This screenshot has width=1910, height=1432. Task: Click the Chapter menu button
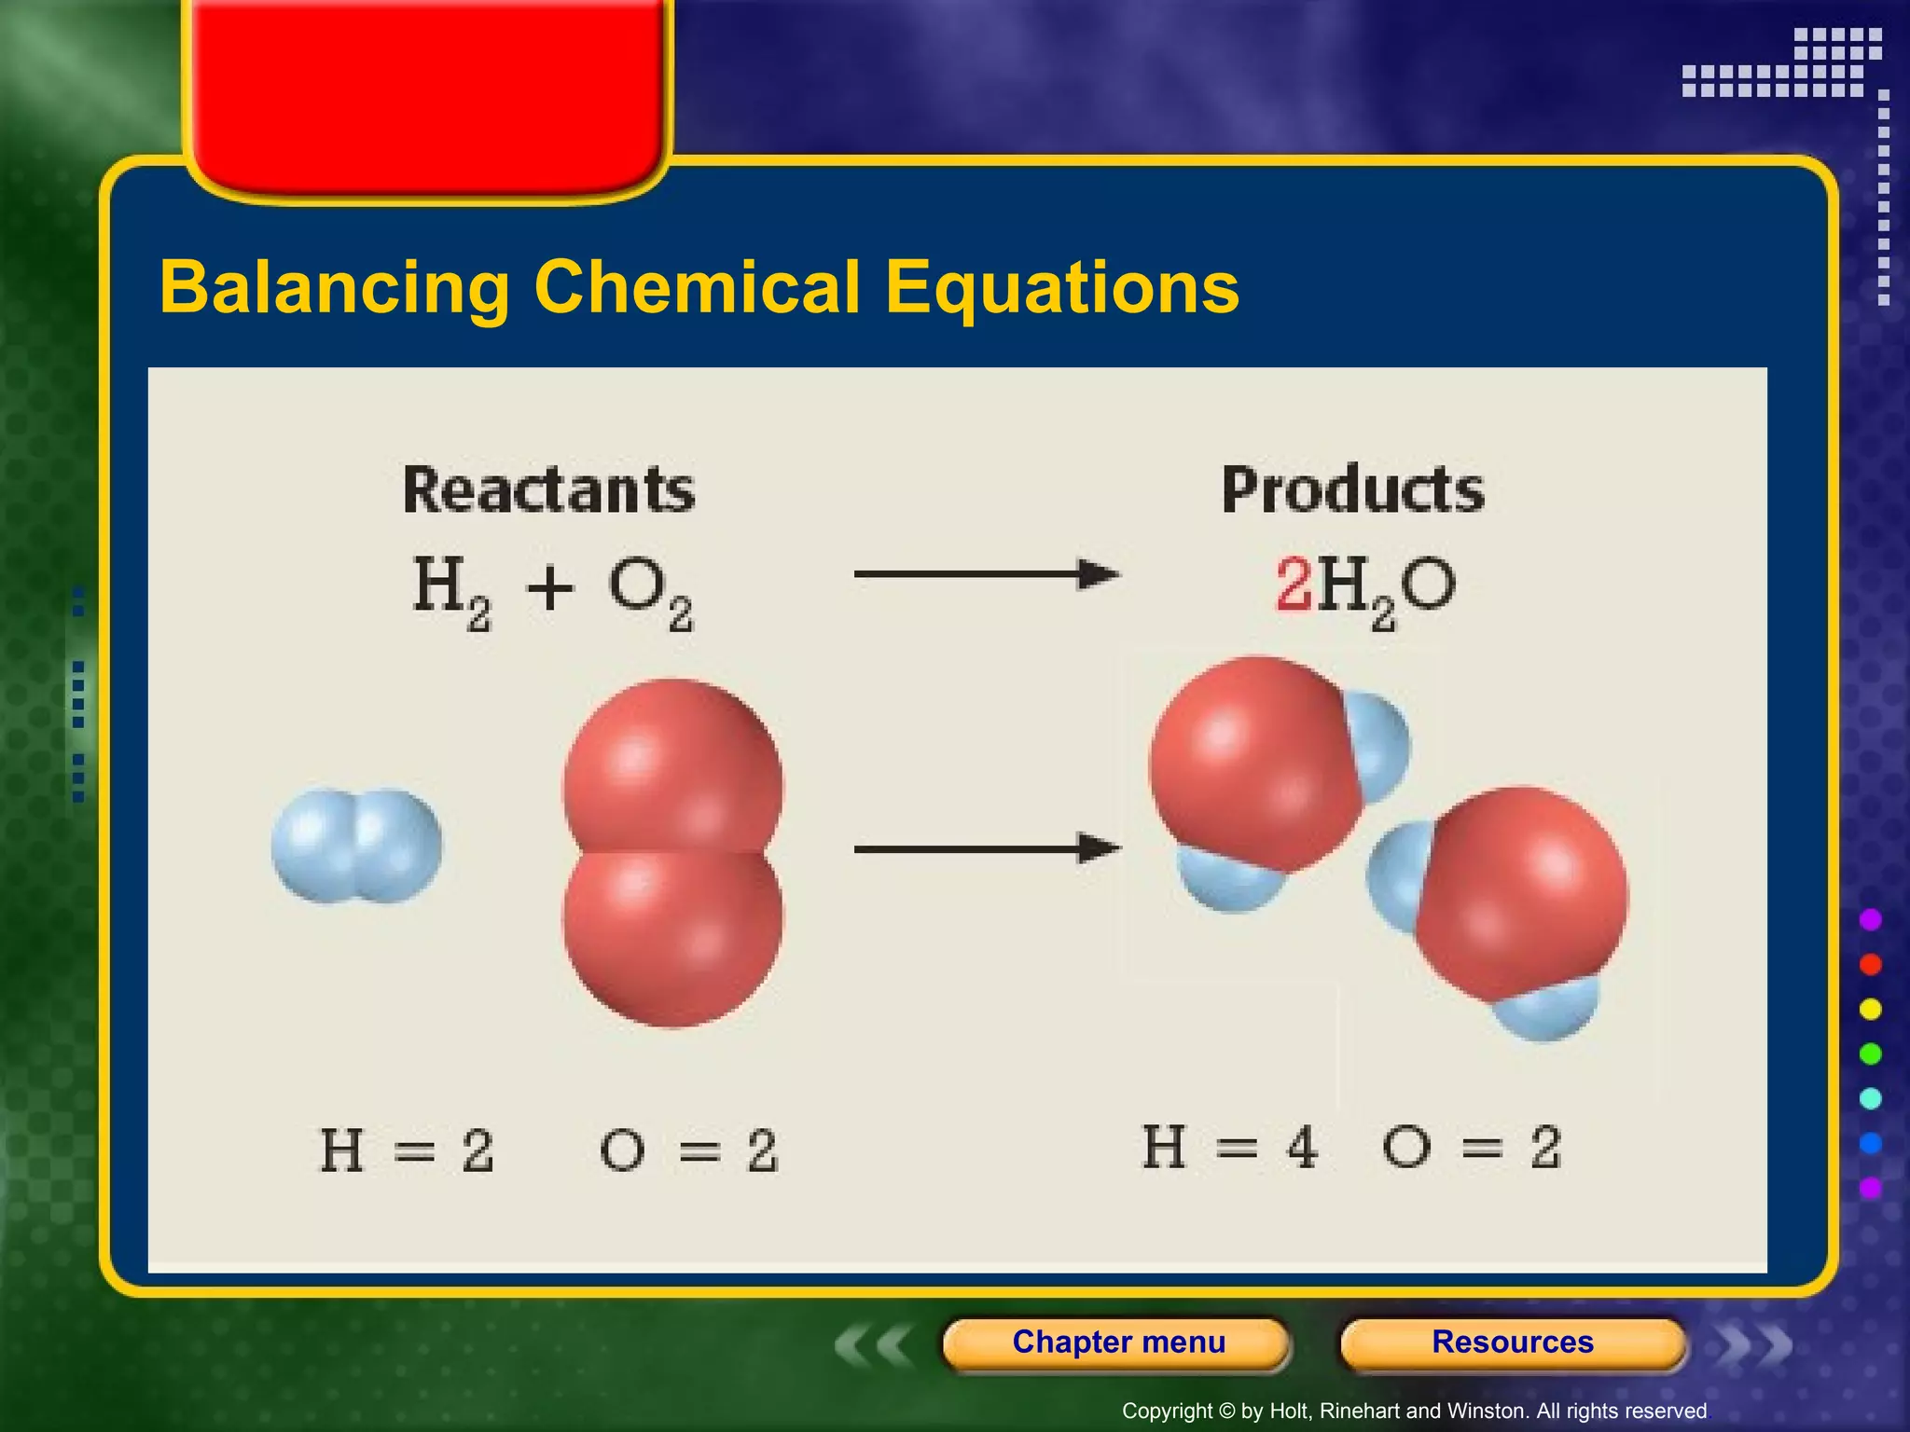pyautogui.click(x=1117, y=1342)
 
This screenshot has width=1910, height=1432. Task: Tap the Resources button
pyautogui.click(x=1512, y=1342)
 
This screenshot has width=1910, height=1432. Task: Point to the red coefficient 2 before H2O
pyautogui.click(x=1294, y=585)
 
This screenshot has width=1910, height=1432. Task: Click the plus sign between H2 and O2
pyautogui.click(x=549, y=588)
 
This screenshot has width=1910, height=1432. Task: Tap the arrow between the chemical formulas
pyautogui.click(x=986, y=574)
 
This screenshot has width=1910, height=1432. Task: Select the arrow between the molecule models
pyautogui.click(x=986, y=848)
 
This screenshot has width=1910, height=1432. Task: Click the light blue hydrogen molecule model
pyautogui.click(x=357, y=846)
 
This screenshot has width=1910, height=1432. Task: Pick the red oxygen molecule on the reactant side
pyautogui.click(x=673, y=853)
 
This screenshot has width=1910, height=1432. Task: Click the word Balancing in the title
pyautogui.click(x=334, y=287)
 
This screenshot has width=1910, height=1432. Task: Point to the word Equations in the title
pyautogui.click(x=1061, y=287)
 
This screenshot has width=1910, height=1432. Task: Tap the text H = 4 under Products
pyautogui.click(x=1229, y=1147)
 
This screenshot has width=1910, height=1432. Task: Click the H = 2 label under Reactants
pyautogui.click(x=406, y=1150)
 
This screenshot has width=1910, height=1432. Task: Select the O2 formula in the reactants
pyautogui.click(x=650, y=592)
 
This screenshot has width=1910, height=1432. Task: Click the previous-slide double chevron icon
pyautogui.click(x=873, y=1345)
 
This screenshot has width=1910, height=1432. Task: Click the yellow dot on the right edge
pyautogui.click(x=1871, y=1009)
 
